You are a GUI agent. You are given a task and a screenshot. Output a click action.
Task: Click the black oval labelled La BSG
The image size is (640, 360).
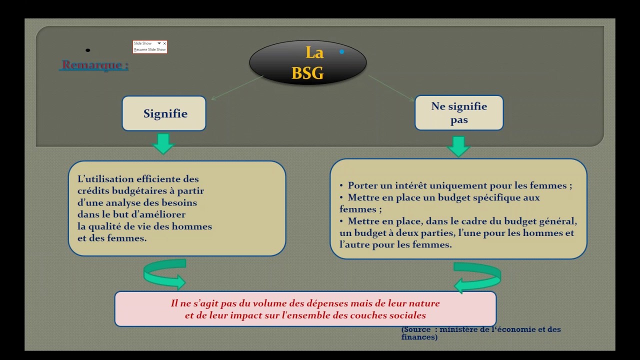point(307,62)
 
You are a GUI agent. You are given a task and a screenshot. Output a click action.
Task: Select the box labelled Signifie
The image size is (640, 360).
point(164,113)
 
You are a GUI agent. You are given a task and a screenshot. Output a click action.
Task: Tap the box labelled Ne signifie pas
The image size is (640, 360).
point(459,113)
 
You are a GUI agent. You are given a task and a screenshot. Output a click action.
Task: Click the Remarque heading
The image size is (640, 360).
point(94,65)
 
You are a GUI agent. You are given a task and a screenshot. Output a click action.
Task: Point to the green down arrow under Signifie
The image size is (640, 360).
point(163,143)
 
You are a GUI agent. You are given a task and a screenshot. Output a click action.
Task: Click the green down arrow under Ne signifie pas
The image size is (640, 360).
point(458,146)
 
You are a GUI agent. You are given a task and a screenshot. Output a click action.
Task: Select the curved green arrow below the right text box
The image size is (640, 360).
point(477,277)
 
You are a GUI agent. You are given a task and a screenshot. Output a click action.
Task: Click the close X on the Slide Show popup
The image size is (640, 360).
point(164,44)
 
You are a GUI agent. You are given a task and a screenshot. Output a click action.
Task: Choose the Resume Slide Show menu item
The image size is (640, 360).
point(150,50)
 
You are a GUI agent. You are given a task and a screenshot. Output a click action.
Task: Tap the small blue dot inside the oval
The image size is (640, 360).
point(342,51)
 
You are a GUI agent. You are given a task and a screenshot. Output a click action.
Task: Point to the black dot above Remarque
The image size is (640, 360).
point(88,50)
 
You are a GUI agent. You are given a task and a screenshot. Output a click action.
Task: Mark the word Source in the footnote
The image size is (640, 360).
point(418,329)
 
